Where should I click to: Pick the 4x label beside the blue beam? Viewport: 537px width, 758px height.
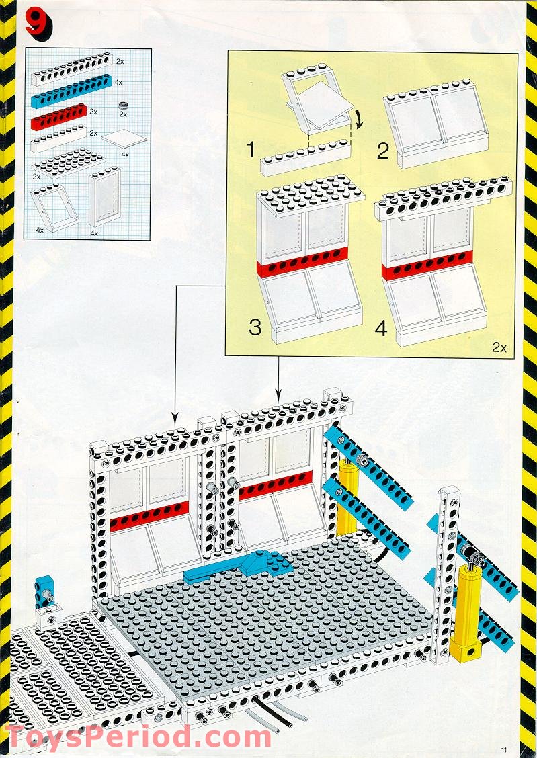pyautogui.click(x=118, y=83)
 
